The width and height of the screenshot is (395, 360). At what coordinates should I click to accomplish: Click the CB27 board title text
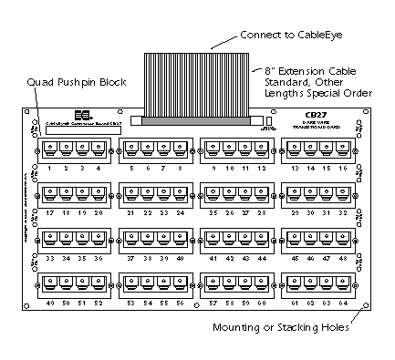pos(316,116)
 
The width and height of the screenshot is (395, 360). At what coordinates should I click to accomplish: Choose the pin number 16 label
pos(345,169)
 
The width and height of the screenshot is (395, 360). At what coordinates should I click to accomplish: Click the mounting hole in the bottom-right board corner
pos(362,307)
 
